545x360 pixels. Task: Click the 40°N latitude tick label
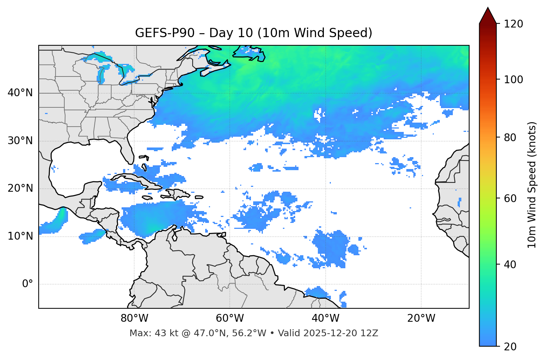tap(20, 93)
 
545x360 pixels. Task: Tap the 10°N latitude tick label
tap(20, 236)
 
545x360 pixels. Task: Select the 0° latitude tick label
tap(28, 284)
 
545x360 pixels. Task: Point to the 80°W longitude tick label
tap(134, 318)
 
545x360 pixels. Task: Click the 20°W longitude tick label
tap(421, 318)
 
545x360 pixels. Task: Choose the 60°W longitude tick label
tap(230, 318)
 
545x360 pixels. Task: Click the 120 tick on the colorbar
tap(513, 24)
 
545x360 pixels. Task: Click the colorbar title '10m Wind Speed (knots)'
tap(532, 185)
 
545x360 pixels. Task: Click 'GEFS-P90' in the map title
tap(165, 33)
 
